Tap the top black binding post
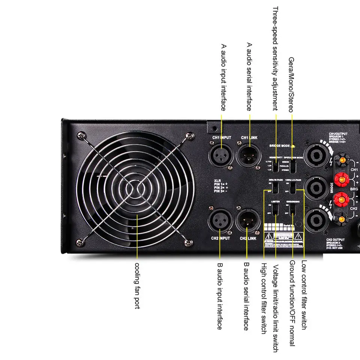[x=342, y=160]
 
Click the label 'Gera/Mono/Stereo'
[x=291, y=85]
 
